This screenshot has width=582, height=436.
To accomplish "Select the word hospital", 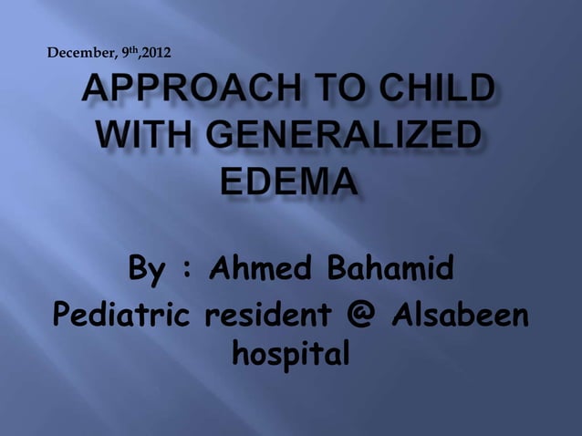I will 291,352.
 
